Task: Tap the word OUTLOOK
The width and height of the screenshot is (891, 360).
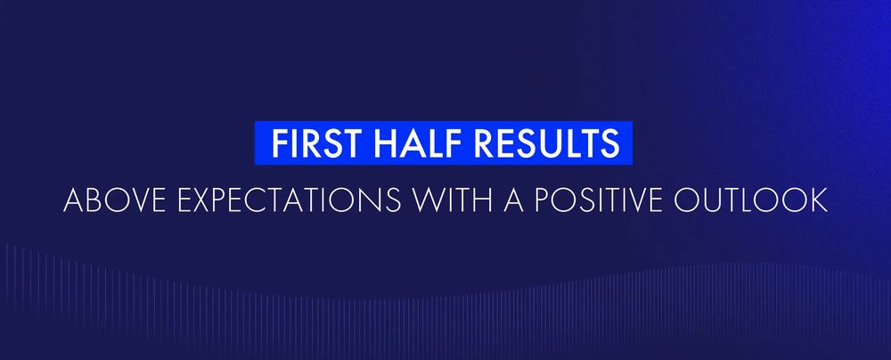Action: [750, 200]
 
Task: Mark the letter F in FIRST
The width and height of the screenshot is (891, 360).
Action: [279, 143]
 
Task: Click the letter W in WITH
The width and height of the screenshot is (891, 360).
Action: [428, 200]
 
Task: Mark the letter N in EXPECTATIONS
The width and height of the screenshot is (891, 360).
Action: [373, 200]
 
